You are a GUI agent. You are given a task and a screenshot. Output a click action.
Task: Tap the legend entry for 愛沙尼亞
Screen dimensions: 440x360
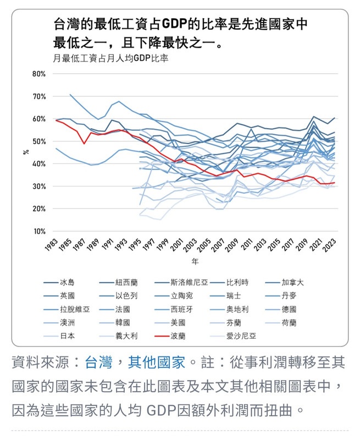241,335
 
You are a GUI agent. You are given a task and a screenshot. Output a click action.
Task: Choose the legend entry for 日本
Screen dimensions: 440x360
67,335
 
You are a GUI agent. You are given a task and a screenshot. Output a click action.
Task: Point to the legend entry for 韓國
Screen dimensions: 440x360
123,322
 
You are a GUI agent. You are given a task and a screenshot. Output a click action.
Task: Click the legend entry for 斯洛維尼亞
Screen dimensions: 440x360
189,283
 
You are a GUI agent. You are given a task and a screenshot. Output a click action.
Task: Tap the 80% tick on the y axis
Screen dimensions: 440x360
38,74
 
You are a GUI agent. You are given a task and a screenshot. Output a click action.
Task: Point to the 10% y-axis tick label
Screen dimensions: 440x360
38,232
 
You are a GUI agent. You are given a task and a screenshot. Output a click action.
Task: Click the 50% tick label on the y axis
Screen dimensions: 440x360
38,141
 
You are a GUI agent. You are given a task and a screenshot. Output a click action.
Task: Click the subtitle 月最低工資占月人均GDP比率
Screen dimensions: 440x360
110,57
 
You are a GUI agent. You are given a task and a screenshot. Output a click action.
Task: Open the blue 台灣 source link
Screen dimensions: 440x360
99,362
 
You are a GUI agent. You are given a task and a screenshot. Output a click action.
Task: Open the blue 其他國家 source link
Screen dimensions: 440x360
157,362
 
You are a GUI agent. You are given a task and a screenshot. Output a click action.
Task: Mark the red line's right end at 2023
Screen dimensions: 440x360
335,183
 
